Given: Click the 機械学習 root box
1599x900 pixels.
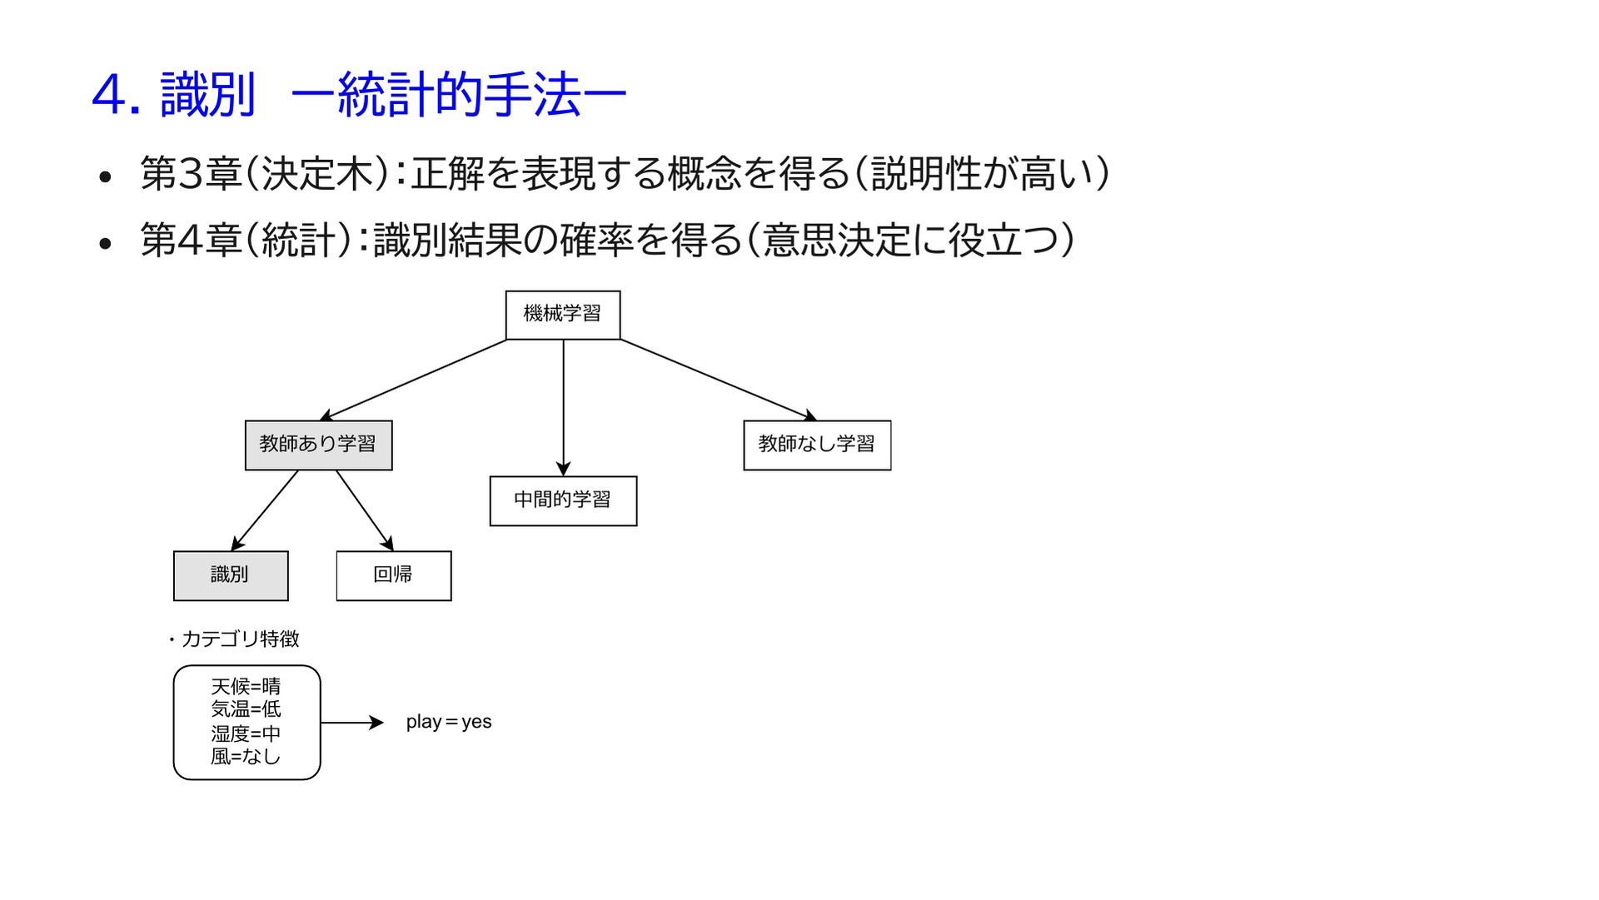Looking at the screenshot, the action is pos(563,315).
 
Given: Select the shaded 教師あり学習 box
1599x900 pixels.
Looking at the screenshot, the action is pos(318,445).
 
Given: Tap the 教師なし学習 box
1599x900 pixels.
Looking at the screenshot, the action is pos(817,445).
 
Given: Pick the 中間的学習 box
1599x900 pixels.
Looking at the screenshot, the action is pos(563,501).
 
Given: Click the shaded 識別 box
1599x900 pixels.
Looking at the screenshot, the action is pos(231,575).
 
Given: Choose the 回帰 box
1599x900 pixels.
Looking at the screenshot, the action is pos(394,575).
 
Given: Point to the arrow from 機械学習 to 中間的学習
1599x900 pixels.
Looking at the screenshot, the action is pos(563,408).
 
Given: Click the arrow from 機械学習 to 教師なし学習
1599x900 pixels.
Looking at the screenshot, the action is pos(719,380).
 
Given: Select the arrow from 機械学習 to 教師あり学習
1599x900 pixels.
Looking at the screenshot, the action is pos(413,380).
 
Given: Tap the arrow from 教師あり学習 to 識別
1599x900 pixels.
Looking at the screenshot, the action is pos(264,510).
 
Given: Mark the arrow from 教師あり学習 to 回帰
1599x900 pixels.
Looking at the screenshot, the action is pos(364,510).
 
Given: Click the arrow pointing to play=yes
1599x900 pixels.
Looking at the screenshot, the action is pos(352,723).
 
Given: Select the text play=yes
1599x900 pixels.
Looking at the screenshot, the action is pos(449,722).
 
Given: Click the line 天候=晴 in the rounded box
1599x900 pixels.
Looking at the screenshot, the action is pos(246,686).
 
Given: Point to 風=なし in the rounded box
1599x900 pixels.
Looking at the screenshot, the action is pos(246,756).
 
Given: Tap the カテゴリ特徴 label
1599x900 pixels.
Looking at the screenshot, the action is pos(240,639).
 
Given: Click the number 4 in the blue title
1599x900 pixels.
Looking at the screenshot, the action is pos(108,95).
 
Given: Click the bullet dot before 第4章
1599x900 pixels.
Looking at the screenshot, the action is pos(105,243).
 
